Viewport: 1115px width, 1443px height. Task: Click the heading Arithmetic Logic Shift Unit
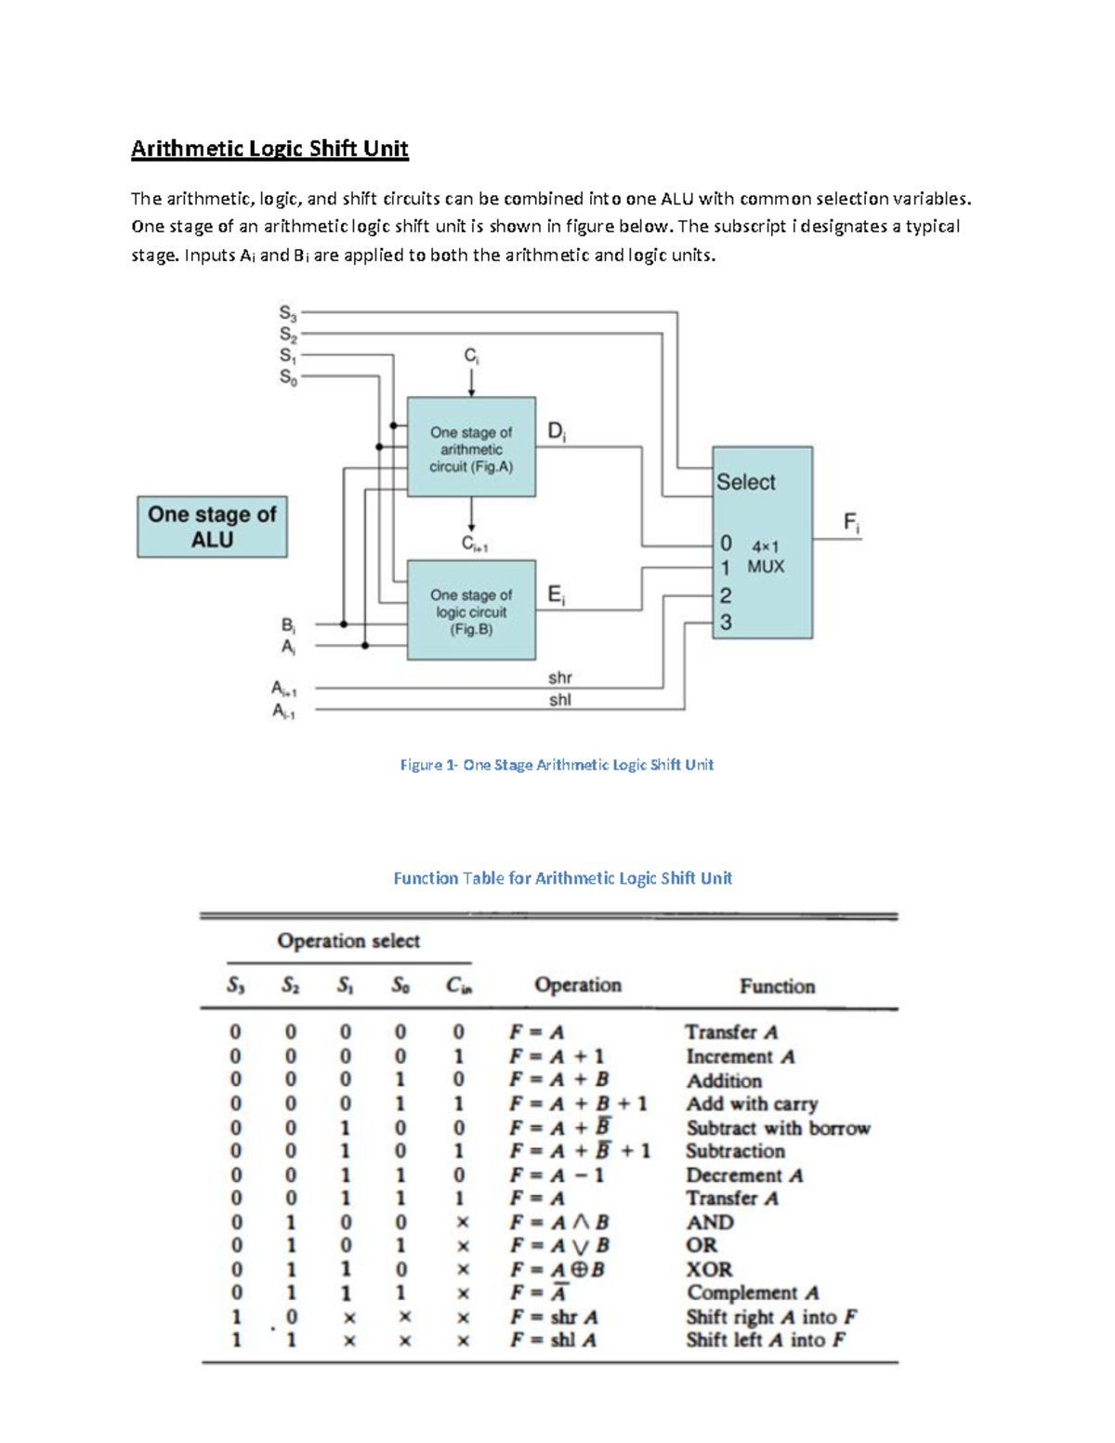coord(269,149)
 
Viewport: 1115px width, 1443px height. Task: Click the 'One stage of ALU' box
coord(212,527)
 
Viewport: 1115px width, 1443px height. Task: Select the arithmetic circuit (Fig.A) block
coord(471,450)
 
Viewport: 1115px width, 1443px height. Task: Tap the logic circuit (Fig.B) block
coord(471,611)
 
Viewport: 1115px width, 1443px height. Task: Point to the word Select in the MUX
coord(745,482)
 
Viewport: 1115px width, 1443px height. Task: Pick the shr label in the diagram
coord(560,677)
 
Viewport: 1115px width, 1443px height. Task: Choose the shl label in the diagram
coord(560,700)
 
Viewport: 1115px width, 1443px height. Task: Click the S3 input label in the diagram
coord(287,314)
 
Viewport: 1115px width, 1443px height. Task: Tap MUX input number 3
coord(726,623)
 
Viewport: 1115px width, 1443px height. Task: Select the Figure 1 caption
coord(557,765)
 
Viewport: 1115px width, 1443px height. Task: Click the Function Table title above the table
coord(562,878)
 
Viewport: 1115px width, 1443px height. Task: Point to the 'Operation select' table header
coord(348,940)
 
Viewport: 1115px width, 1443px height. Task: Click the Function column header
coord(778,986)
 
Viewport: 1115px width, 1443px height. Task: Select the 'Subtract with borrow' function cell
coord(779,1128)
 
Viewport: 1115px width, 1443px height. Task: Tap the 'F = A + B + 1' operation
coord(578,1104)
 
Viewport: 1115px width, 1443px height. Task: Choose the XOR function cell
coord(710,1269)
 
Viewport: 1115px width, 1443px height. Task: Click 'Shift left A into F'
coord(766,1340)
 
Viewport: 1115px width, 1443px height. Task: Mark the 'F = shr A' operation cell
coord(554,1317)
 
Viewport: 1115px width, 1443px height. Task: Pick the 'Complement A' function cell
coord(753,1292)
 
